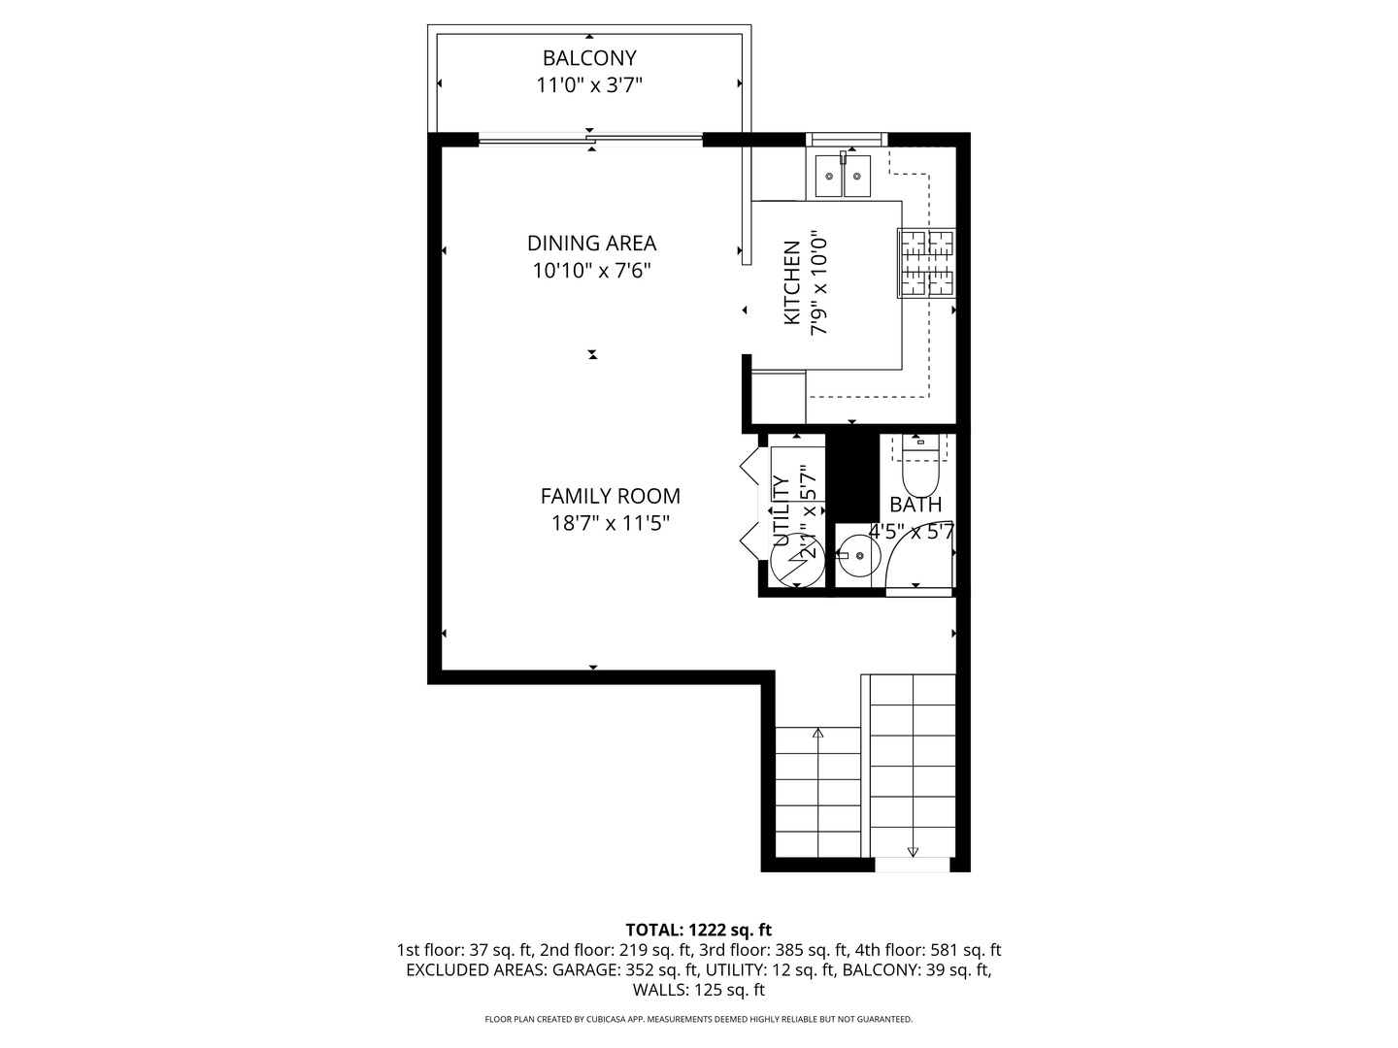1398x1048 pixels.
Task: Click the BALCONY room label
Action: pos(589,58)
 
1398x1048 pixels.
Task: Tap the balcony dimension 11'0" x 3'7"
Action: pos(589,84)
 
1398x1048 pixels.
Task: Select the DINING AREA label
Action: pos(591,243)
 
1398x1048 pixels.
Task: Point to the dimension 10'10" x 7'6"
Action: pos(591,271)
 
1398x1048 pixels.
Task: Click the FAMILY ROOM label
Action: pos(610,496)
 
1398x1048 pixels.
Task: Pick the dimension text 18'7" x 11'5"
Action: pos(610,523)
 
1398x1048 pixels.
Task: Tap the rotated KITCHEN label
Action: pos(791,282)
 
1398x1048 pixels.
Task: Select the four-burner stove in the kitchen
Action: pos(927,263)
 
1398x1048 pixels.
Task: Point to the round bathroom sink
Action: pos(857,555)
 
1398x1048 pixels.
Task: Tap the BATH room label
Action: pos(915,505)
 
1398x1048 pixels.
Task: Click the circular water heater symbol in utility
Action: pos(797,560)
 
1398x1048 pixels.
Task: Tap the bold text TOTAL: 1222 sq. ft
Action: pos(699,930)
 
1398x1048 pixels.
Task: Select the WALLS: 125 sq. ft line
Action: pos(699,990)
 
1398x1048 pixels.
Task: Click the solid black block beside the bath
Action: pos(852,477)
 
